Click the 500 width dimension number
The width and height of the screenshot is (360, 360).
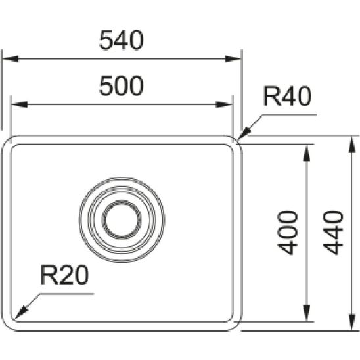[x=121, y=86]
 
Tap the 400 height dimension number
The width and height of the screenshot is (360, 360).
[x=287, y=233]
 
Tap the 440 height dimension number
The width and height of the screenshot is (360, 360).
[x=333, y=233]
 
